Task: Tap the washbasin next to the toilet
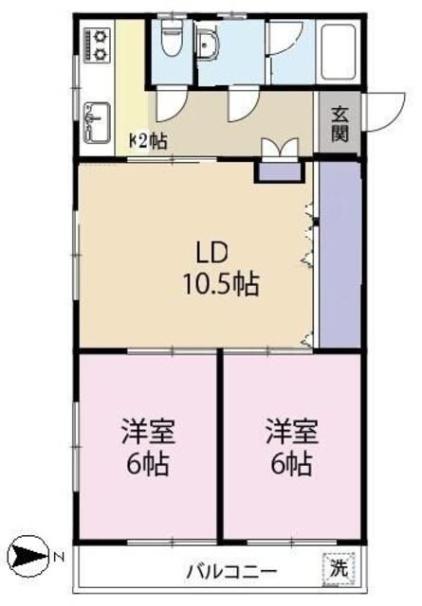[x=208, y=45]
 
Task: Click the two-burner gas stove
[x=97, y=45]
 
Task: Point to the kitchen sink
[x=97, y=122]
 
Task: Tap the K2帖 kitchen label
[x=148, y=141]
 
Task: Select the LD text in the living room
[x=211, y=254]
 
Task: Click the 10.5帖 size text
[x=221, y=284]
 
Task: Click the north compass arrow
[x=29, y=557]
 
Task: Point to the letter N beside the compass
[x=58, y=557]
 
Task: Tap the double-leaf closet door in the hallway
[x=281, y=149]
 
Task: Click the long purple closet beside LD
[x=339, y=255]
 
